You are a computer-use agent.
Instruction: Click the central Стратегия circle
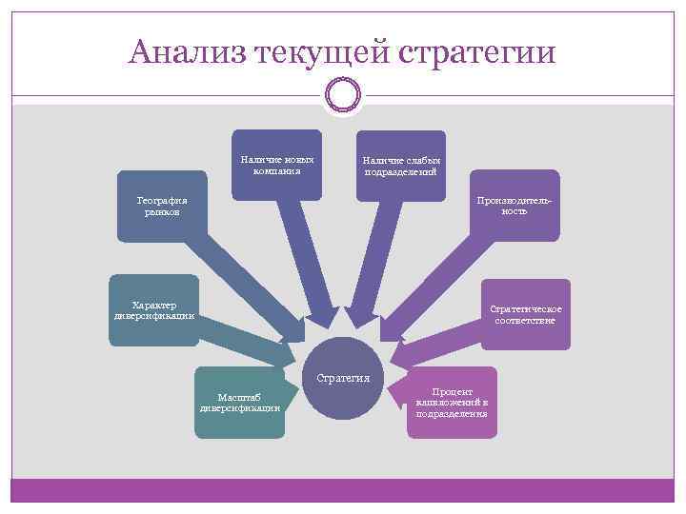(x=343, y=378)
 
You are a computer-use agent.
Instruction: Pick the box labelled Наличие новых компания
(x=276, y=164)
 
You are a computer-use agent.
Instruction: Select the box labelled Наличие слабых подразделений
(x=400, y=166)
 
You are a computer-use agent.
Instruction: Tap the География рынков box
(x=161, y=206)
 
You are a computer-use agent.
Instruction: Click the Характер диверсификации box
(x=152, y=310)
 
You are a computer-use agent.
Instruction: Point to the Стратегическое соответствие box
(x=525, y=313)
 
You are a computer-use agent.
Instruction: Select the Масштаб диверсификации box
(x=239, y=402)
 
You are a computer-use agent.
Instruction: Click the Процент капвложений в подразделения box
(x=452, y=403)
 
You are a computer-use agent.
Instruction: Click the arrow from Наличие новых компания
(x=308, y=257)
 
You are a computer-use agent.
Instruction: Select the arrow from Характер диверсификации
(x=248, y=339)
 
